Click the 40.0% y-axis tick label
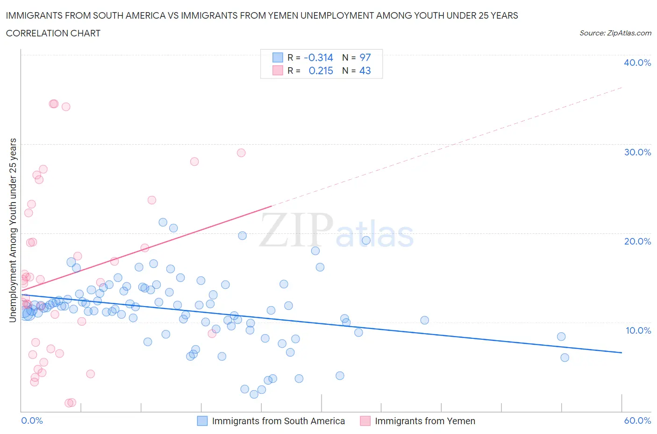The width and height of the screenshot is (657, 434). pos(637,63)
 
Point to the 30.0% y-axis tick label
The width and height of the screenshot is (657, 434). pos(637,152)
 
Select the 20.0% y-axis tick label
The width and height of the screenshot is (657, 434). pos(637,241)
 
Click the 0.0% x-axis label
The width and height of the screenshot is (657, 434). pos(32,420)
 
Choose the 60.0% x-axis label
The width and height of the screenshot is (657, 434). pos(637,420)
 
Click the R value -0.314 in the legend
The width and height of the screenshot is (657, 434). pos(318,57)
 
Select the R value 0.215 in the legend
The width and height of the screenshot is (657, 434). pos(321,70)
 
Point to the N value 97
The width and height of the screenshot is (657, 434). pos(365,57)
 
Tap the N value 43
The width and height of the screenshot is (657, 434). pos(365,70)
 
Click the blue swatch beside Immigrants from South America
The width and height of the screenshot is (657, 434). pos(202,421)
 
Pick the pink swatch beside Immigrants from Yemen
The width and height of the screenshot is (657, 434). pos(365,421)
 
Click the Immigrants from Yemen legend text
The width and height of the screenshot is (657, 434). pos(425,421)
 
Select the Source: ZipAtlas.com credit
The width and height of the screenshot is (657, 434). pos(615,33)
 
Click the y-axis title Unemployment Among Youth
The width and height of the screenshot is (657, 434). pos(13,230)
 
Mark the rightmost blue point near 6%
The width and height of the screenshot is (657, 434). pos(564,357)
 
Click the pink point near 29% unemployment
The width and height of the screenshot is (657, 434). pos(241,153)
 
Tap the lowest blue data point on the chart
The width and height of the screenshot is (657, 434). pos(254,394)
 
